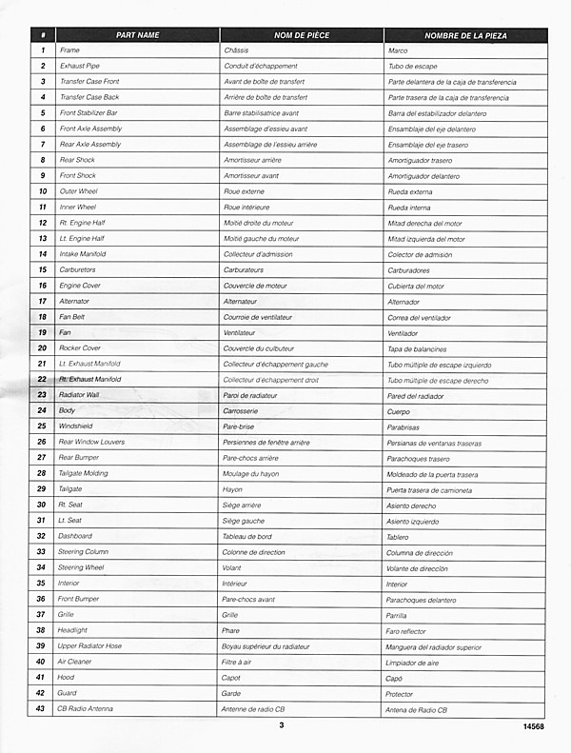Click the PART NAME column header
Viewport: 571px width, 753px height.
click(137, 35)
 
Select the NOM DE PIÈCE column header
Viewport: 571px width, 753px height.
click(302, 35)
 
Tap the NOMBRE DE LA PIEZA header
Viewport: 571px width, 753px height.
click(465, 35)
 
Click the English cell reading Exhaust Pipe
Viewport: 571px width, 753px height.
click(79, 66)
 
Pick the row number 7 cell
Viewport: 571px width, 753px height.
click(43, 145)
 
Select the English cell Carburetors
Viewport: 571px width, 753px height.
click(77, 270)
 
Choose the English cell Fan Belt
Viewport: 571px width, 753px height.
click(72, 317)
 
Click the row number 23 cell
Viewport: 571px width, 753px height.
click(43, 395)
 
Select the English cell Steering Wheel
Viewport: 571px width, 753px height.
click(82, 567)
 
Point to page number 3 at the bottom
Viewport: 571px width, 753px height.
click(282, 726)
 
